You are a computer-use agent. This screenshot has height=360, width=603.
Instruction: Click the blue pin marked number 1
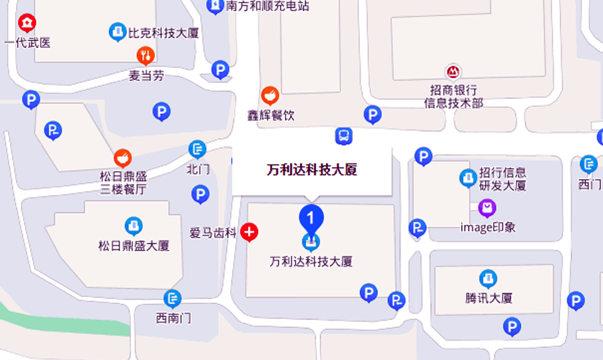311,217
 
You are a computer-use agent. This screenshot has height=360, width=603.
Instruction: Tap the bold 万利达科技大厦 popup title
312,169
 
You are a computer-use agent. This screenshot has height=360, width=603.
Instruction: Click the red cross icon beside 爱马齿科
249,232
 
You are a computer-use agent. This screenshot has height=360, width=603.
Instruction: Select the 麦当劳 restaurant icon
146,56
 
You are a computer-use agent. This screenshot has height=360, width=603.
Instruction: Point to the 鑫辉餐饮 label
271,116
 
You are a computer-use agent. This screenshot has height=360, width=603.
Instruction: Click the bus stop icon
343,136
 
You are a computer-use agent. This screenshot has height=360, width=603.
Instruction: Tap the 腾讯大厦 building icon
487,279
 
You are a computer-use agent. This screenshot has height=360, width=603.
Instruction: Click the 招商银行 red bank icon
453,71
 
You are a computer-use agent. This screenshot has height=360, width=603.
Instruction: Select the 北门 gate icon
197,149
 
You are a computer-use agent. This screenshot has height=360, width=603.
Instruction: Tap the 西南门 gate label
173,318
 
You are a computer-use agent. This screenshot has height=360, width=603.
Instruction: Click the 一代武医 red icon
27,24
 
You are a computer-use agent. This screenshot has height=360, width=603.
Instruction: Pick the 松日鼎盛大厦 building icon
133,225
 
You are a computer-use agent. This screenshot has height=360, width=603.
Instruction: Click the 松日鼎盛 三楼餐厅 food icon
122,157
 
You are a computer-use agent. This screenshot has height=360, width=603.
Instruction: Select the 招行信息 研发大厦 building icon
468,178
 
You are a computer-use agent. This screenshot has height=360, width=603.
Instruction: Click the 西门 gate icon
588,164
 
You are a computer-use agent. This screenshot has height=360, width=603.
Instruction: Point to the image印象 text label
488,227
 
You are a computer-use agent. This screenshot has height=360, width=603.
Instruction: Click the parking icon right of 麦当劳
220,69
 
